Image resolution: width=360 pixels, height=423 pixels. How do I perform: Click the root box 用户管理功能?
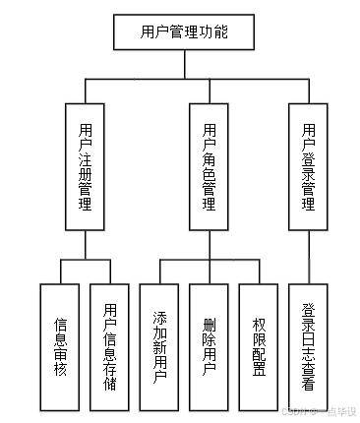tap(185, 31)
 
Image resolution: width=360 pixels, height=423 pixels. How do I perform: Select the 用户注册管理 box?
tap(86, 166)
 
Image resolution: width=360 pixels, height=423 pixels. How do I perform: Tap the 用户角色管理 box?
tap(209, 166)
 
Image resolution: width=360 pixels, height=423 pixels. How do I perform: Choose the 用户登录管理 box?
tap(308, 166)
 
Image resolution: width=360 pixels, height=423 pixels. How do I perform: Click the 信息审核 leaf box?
tap(60, 346)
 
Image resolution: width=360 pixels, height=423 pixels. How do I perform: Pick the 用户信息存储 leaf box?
tap(109, 346)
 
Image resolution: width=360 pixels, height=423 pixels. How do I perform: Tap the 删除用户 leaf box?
tap(210, 346)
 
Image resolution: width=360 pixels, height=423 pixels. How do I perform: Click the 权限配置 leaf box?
tap(259, 346)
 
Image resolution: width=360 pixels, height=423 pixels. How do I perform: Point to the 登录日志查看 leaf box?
tap(309, 346)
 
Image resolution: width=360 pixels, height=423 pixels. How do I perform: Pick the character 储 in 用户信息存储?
tap(109, 382)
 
